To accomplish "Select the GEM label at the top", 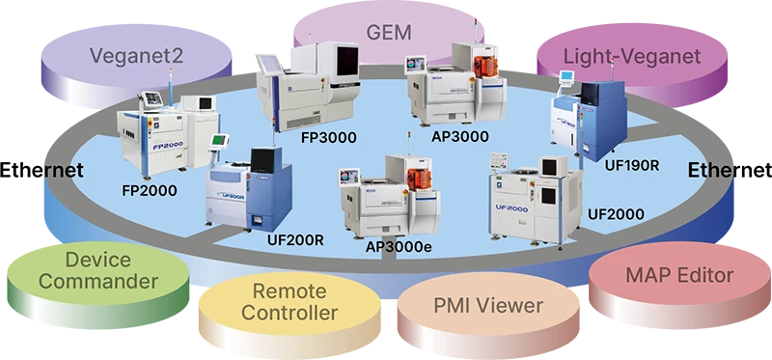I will pos(389,32).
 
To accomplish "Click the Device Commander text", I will pos(111,270).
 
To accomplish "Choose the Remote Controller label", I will pos(289,301).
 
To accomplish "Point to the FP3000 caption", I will pos(329,138).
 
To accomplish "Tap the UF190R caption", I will pos(631,164).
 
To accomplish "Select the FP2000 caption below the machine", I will pos(149,190).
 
